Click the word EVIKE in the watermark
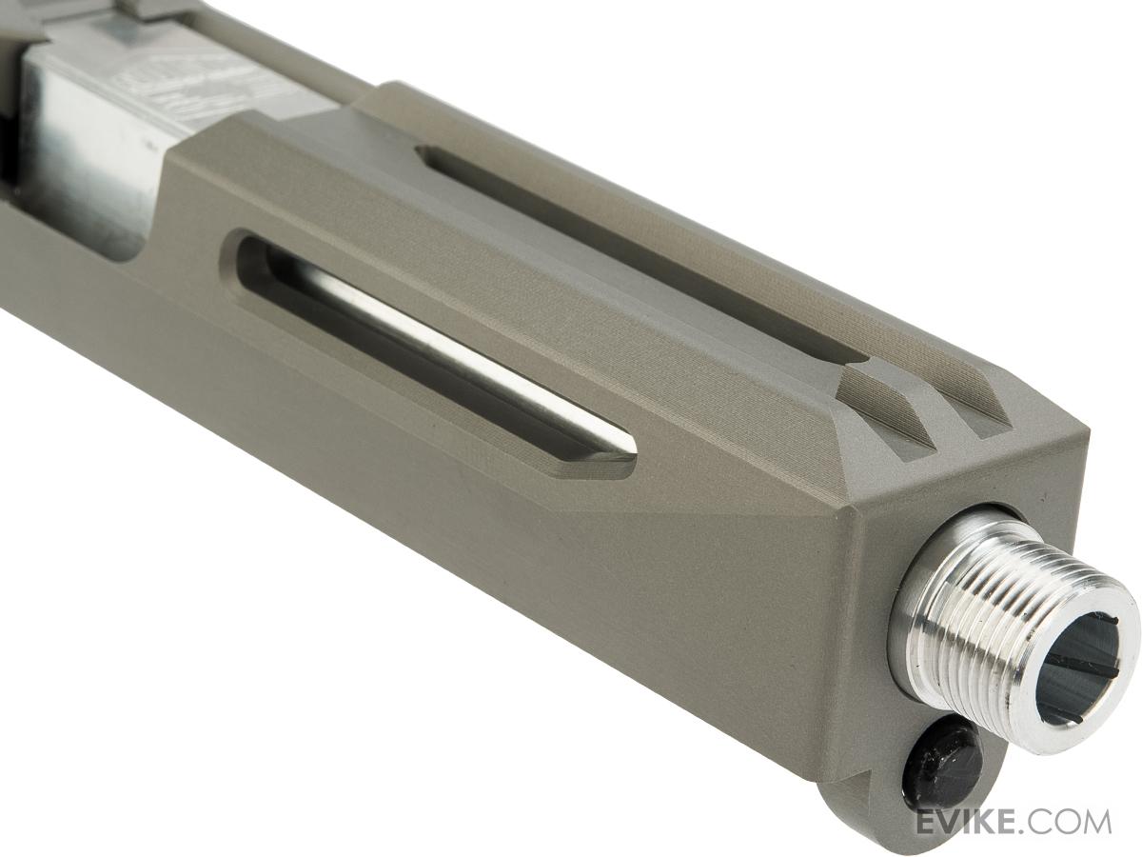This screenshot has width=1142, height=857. click(971, 821)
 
